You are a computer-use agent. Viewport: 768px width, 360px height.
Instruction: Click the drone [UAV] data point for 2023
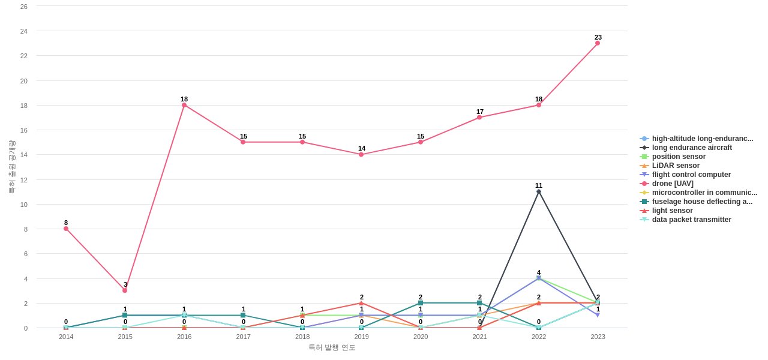click(598, 43)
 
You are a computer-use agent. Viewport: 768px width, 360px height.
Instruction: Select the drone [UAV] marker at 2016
click(184, 105)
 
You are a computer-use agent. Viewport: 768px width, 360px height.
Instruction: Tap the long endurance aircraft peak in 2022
click(539, 191)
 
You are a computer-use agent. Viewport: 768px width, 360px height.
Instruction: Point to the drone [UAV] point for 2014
click(66, 229)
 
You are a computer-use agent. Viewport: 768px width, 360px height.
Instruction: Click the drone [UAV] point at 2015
click(125, 290)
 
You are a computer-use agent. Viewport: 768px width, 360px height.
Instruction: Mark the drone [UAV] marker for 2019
click(361, 155)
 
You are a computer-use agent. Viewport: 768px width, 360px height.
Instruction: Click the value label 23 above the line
click(598, 37)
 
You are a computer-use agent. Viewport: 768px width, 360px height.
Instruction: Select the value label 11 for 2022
click(539, 185)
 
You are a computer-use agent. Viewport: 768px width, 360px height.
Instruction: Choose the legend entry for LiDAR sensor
click(676, 166)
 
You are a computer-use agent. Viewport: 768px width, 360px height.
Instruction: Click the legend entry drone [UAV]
click(673, 184)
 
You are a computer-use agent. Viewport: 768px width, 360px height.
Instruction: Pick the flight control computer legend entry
click(691, 175)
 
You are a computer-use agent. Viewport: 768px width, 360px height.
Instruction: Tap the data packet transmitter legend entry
click(691, 220)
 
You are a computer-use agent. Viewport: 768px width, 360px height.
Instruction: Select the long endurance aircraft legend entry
click(692, 148)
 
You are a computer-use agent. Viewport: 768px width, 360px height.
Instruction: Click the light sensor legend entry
click(672, 211)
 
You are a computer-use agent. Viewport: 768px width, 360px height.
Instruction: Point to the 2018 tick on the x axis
click(302, 337)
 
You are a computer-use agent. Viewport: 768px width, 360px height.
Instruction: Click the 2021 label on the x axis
click(479, 337)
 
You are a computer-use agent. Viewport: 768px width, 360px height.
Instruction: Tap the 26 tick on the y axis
click(24, 7)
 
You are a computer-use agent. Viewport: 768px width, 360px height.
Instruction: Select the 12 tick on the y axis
click(24, 180)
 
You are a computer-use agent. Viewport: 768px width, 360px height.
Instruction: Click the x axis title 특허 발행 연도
click(332, 347)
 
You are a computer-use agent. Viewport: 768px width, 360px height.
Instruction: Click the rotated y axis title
click(11, 167)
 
